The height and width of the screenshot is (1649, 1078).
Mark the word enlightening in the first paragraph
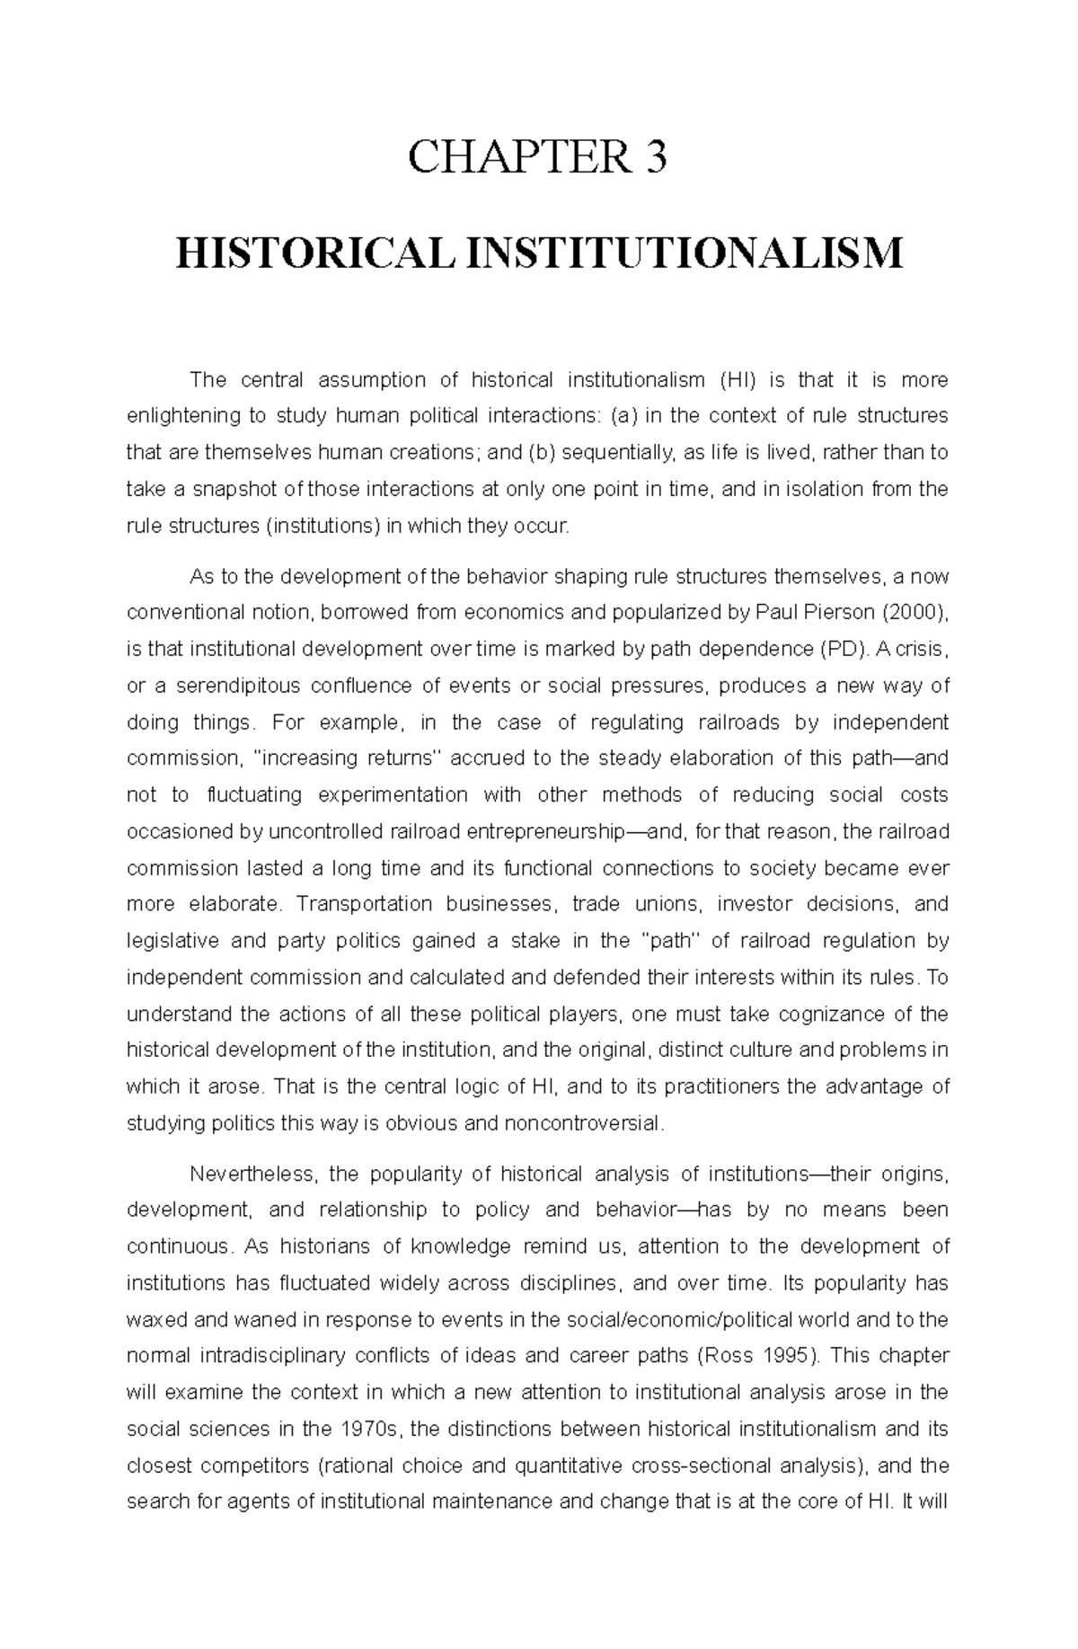182,416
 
